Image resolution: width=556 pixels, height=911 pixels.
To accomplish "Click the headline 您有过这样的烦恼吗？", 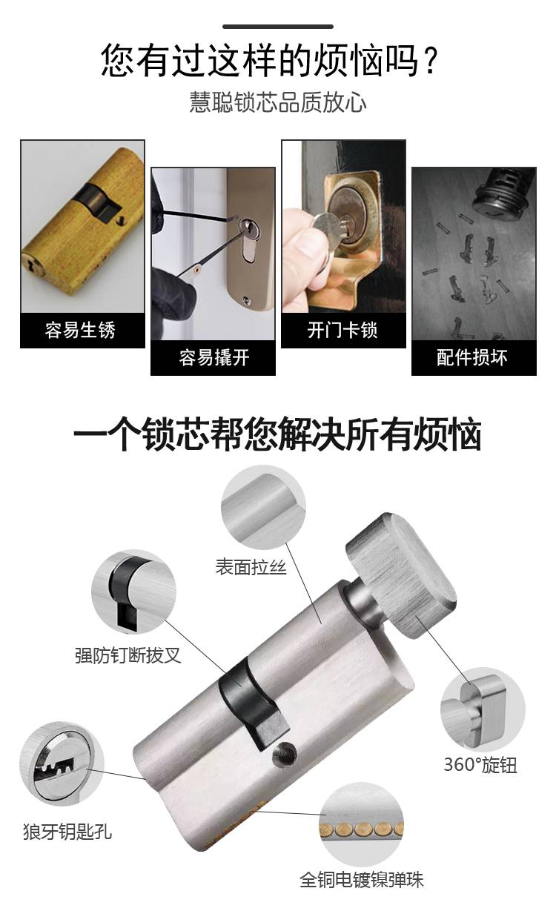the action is tap(269, 61).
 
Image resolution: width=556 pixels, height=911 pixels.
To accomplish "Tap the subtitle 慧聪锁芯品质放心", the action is tap(278, 102).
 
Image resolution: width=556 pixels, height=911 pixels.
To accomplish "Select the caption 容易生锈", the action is tap(80, 330).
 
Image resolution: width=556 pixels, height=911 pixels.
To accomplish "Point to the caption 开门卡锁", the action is tap(342, 330).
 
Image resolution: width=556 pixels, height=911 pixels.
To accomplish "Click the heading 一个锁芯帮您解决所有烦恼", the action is tap(277, 434).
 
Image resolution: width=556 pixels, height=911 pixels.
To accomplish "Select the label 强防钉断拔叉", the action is tap(128, 655).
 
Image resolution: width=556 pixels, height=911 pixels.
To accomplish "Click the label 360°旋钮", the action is tap(480, 764).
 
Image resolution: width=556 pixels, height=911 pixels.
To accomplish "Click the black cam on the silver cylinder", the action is tap(252, 703).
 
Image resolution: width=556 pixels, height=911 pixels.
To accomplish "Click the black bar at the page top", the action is tap(278, 27).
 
